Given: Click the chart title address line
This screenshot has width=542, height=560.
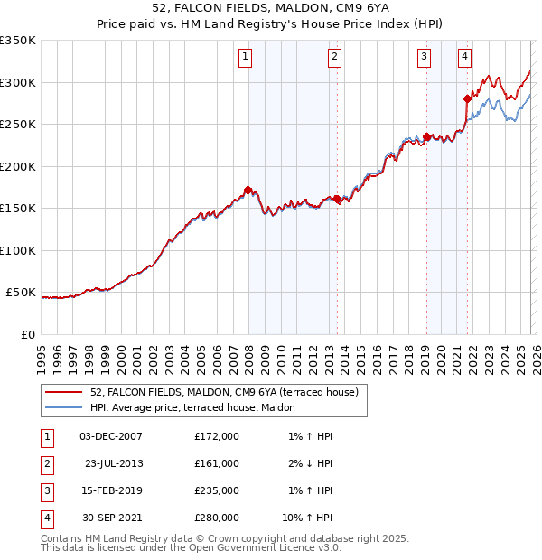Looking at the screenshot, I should click(270, 8).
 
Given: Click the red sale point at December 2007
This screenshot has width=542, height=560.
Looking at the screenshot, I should click(248, 190).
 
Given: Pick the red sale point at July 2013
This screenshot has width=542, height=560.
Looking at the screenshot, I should click(337, 199).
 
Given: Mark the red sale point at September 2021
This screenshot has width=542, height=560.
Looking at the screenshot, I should click(467, 98).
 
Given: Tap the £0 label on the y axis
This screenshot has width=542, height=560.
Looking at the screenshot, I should click(28, 335).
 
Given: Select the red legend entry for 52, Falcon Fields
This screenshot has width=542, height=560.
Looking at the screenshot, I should click(224, 392).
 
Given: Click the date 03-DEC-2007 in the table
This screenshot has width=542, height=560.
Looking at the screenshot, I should click(110, 436).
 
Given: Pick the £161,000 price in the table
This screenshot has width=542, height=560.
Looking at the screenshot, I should click(217, 463).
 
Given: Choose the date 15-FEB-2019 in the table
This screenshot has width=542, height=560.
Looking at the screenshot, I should click(110, 490).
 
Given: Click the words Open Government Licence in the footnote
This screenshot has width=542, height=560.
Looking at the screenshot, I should click(258, 547).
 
